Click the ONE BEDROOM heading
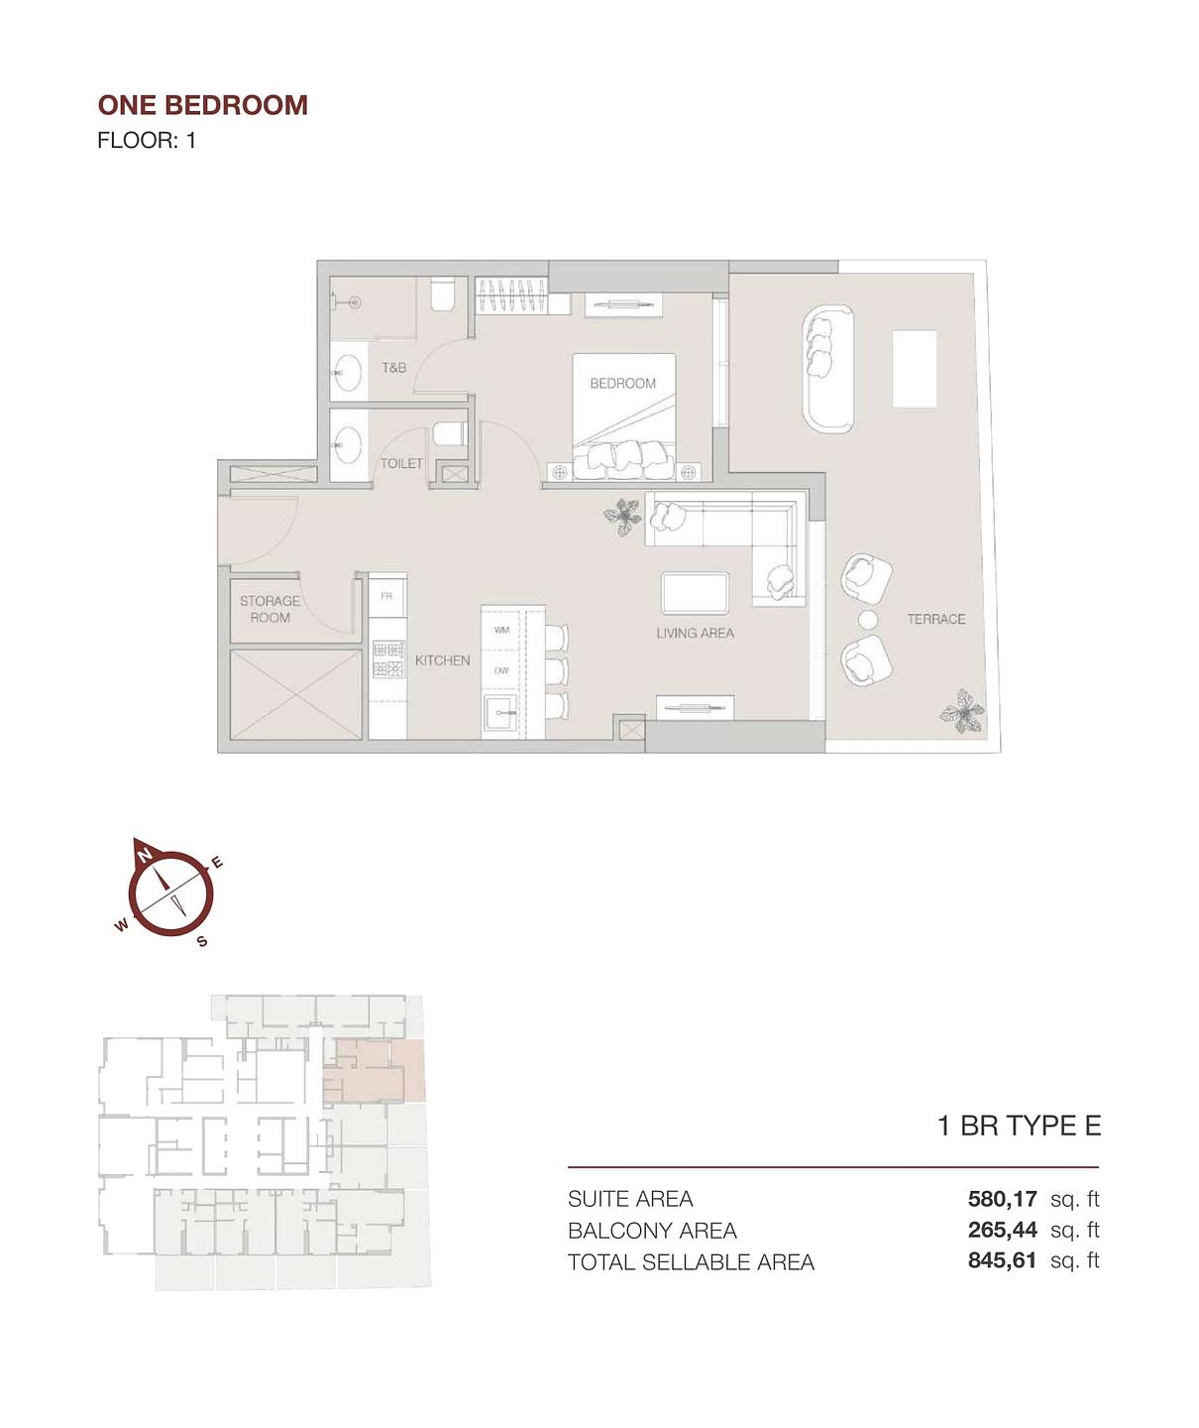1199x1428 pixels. [202, 105]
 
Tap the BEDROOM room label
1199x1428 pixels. [622, 384]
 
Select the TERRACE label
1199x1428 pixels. [935, 619]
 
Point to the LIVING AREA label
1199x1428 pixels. [695, 633]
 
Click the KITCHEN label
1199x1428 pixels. [442, 660]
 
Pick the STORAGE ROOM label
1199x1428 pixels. [270, 609]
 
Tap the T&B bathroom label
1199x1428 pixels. [393, 368]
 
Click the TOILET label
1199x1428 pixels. [401, 463]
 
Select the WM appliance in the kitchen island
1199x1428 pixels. [501, 630]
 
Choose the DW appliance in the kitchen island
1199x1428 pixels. [501, 671]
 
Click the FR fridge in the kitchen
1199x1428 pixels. [386, 596]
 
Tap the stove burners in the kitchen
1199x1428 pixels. [388, 659]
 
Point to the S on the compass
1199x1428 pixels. [202, 940]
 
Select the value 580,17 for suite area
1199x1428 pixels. [1002, 1199]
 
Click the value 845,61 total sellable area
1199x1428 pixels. [1002, 1260]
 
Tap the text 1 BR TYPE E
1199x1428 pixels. [1019, 1126]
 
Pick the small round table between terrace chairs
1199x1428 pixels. [868, 620]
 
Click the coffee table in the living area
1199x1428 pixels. [695, 593]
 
